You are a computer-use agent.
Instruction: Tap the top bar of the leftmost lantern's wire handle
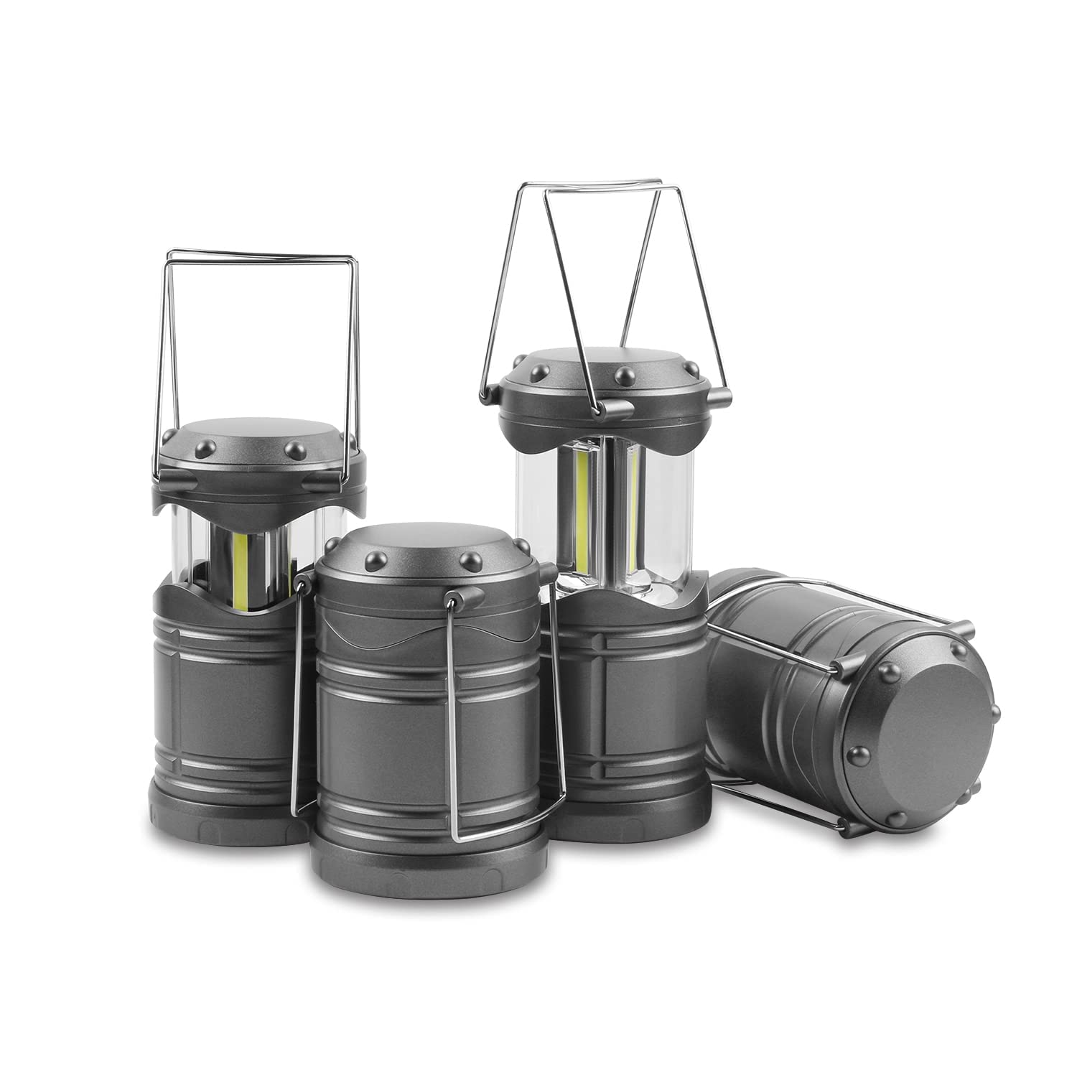point(258,256)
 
